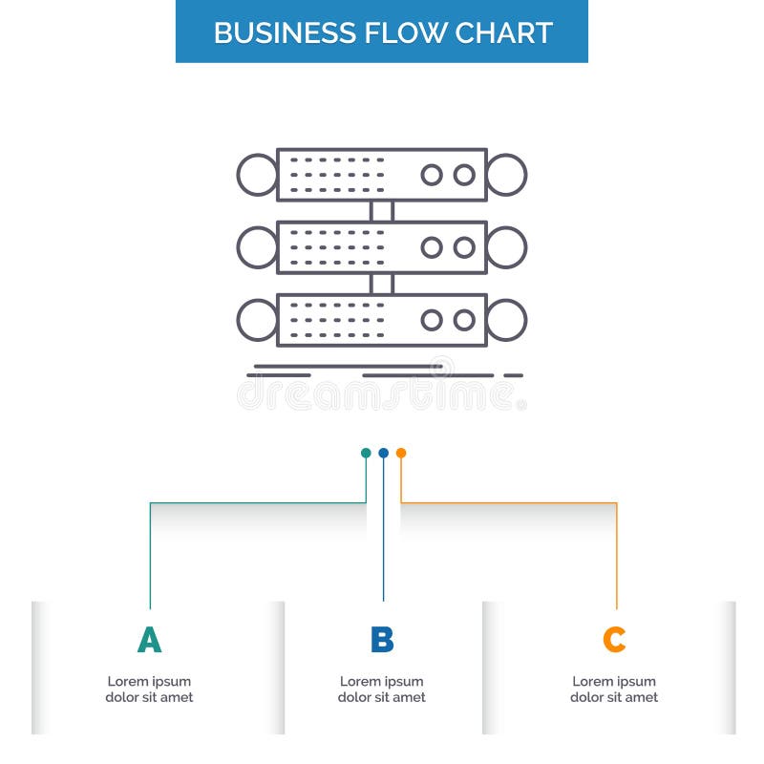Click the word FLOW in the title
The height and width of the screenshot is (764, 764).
coord(392,32)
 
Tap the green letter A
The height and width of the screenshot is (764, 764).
coord(149,640)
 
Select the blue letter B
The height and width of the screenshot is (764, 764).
coord(382,640)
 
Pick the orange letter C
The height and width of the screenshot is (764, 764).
coord(614,640)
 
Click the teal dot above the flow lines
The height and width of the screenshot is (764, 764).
coord(366,453)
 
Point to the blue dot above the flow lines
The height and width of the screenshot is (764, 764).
coord(383,453)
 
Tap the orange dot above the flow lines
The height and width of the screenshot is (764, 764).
coord(401,453)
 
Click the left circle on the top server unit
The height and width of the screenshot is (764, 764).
coord(257,175)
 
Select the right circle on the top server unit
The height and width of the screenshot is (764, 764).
coord(506,175)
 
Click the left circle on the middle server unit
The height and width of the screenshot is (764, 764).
coord(257,247)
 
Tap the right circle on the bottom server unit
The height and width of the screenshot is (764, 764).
coord(506,320)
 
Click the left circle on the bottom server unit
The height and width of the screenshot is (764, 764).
coord(257,320)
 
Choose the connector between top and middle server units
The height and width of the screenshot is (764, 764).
coord(382,211)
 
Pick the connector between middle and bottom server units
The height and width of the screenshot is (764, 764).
coord(382,284)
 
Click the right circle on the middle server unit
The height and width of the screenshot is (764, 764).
coord(506,247)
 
